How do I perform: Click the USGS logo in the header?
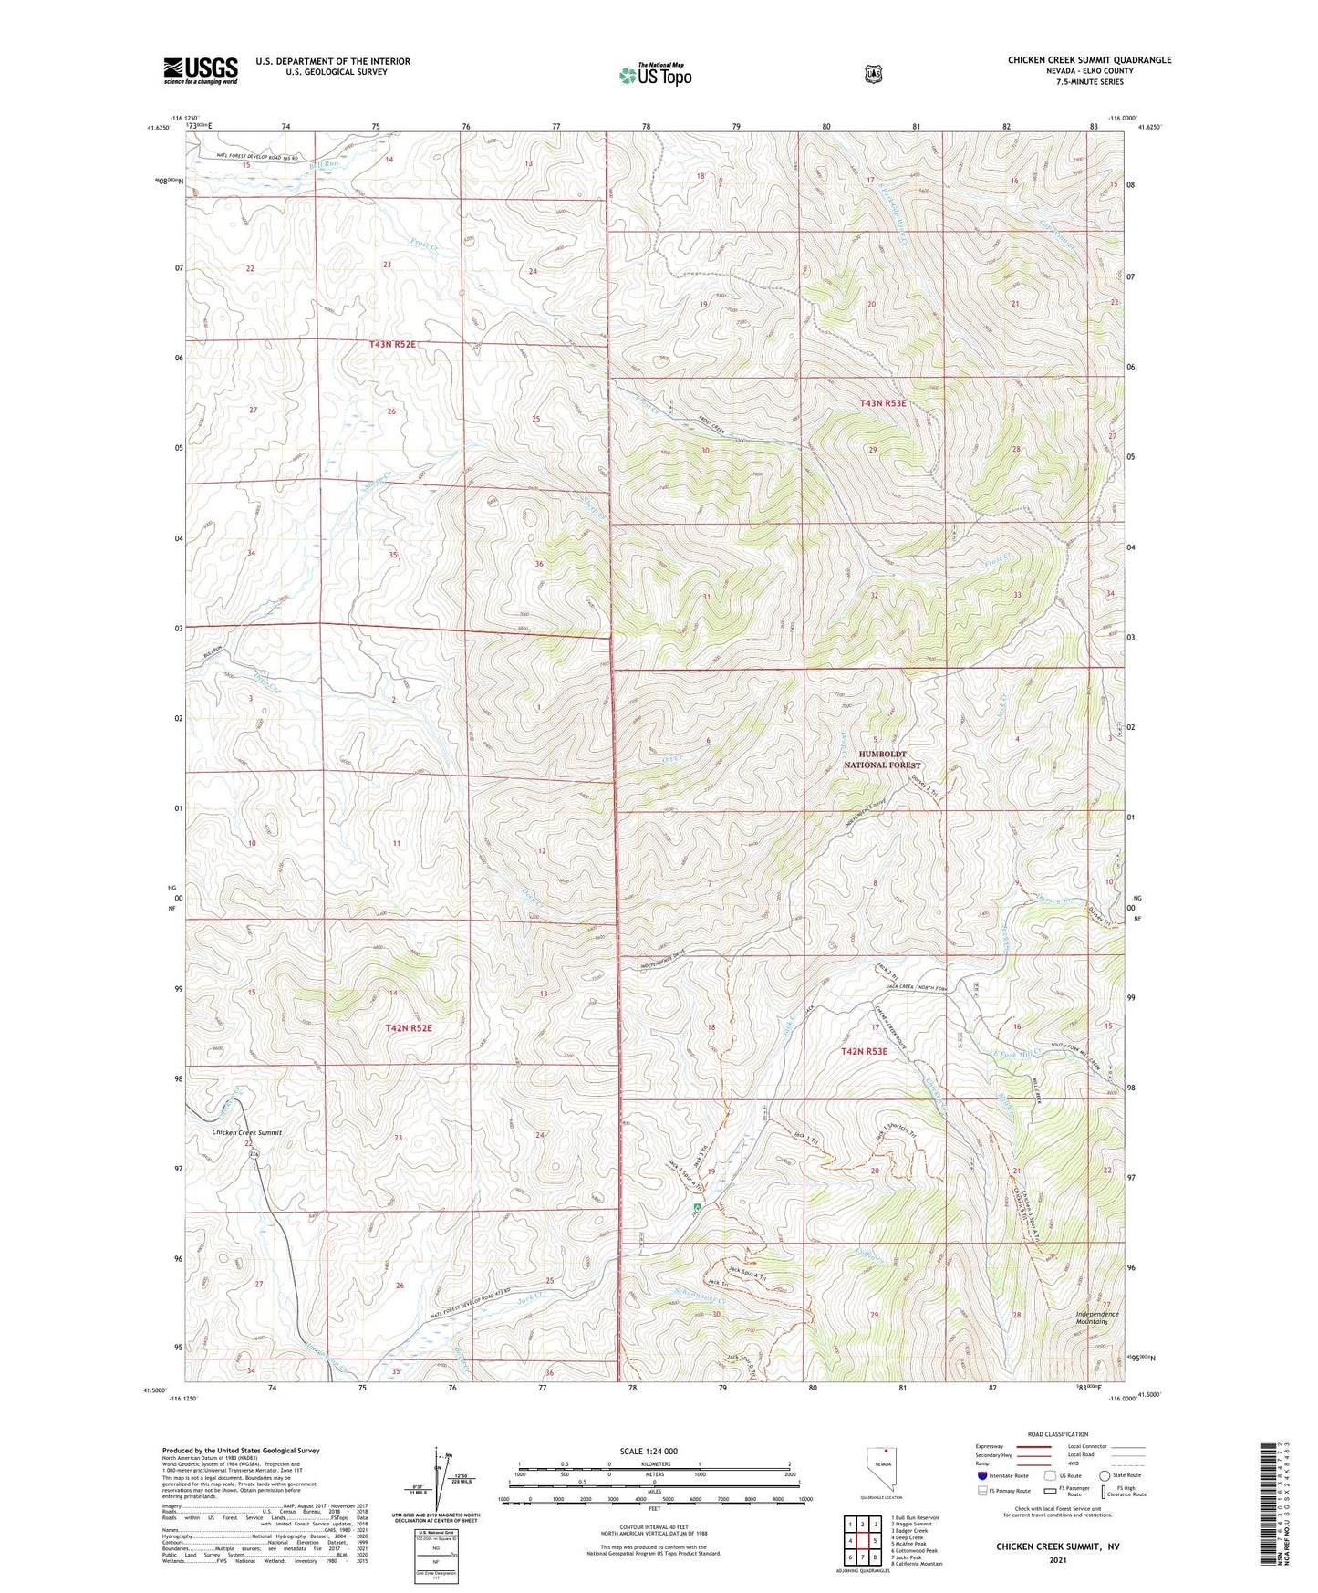[x=201, y=70]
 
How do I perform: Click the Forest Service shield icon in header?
[x=873, y=74]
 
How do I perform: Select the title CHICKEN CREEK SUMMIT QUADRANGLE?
[x=1089, y=60]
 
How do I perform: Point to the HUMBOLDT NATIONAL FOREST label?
[x=882, y=760]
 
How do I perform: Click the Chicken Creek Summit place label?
[x=246, y=1132]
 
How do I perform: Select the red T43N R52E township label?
[x=392, y=344]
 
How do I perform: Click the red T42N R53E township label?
[x=864, y=1052]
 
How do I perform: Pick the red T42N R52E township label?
[x=408, y=1028]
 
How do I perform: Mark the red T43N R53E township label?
[x=883, y=402]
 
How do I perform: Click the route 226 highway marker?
[x=254, y=1154]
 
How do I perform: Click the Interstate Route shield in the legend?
[x=981, y=1475]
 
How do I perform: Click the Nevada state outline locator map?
[x=879, y=1469]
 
